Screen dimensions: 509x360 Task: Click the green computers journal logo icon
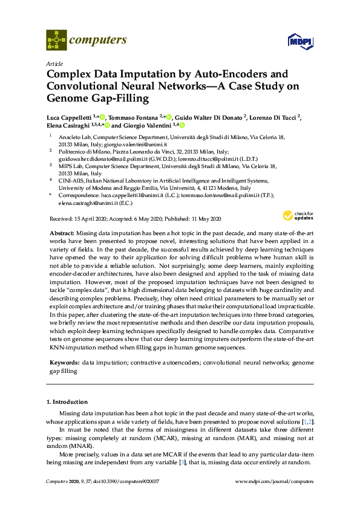point(56,41)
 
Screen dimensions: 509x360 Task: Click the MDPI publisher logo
point(299,42)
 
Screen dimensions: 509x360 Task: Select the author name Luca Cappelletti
point(70,117)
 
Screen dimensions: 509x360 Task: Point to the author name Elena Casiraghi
point(66,125)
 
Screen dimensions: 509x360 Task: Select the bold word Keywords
point(64,361)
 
